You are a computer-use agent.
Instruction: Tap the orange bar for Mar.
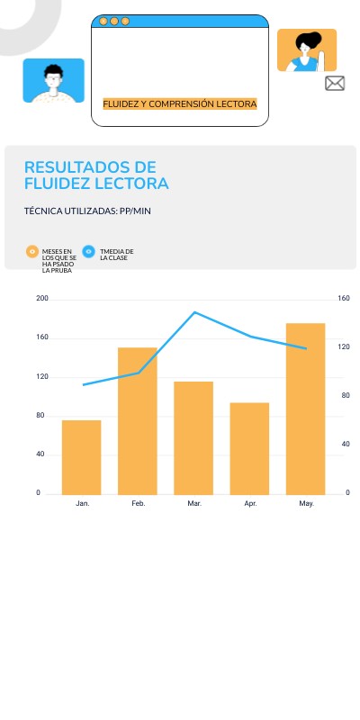pyautogui.click(x=193, y=437)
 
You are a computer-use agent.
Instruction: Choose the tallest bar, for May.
pyautogui.click(x=306, y=409)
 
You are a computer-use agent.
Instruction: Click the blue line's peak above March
pyautogui.click(x=194, y=312)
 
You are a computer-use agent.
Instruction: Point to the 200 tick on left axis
pyautogui.click(x=42, y=298)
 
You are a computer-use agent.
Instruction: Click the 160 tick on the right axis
pyautogui.click(x=343, y=298)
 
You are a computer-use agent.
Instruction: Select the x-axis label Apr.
pyautogui.click(x=250, y=504)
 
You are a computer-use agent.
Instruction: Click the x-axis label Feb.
pyautogui.click(x=139, y=504)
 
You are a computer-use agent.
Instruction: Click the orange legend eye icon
pyautogui.click(x=32, y=252)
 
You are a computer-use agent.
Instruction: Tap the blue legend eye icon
pyautogui.click(x=88, y=252)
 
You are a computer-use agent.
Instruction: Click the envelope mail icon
pyautogui.click(x=335, y=84)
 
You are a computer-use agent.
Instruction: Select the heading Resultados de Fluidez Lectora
pyautogui.click(x=95, y=175)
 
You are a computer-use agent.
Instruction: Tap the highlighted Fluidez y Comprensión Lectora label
pyautogui.click(x=180, y=104)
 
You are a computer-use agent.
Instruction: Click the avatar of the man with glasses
pyautogui.click(x=53, y=81)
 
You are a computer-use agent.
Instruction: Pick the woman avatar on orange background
pyautogui.click(x=306, y=50)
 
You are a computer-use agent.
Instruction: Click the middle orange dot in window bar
pyautogui.click(x=114, y=21)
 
